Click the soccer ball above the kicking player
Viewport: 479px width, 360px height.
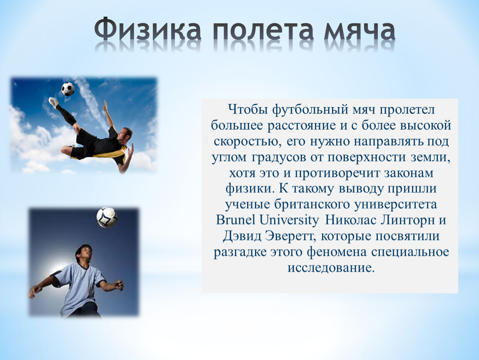(x=68, y=89)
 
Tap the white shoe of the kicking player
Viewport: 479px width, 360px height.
(x=54, y=102)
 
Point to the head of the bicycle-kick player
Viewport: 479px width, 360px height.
(x=125, y=134)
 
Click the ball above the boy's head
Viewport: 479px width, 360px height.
(x=107, y=217)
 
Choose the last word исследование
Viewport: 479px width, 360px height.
(x=331, y=267)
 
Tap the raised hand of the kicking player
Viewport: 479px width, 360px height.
(x=105, y=105)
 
